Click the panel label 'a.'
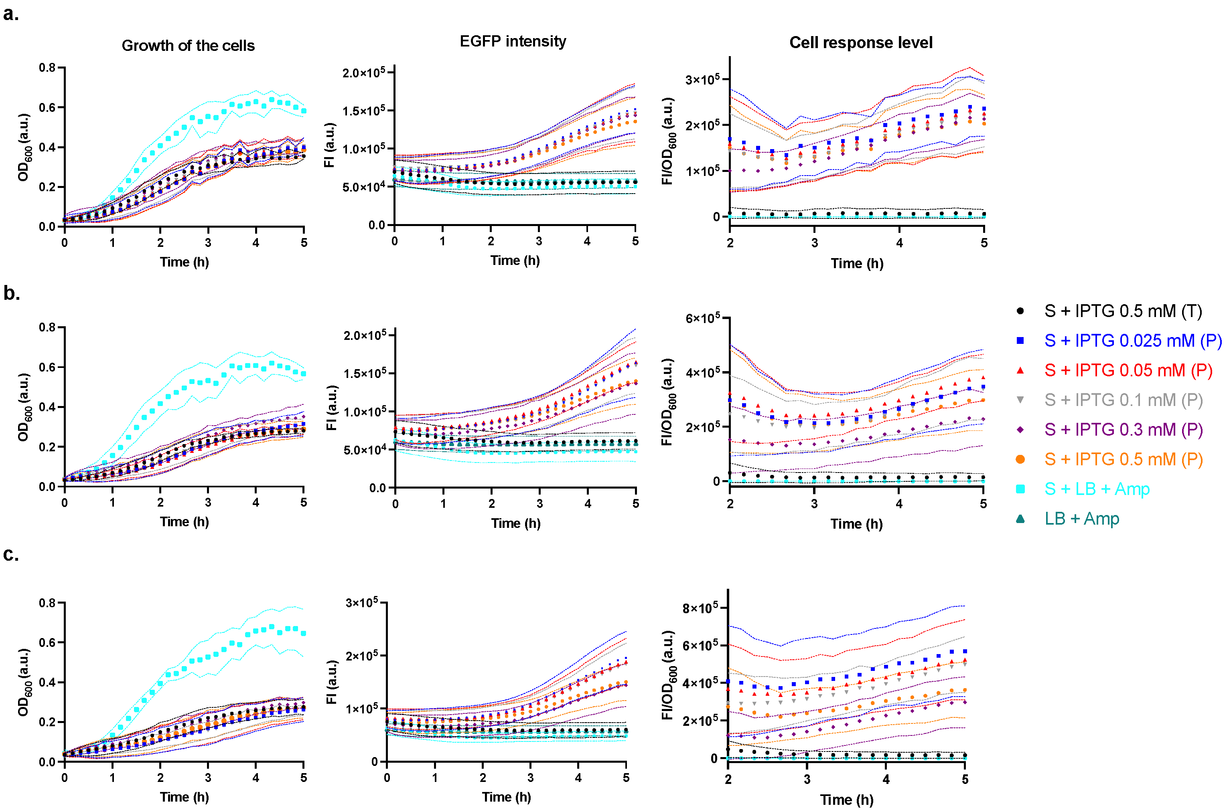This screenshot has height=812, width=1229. [x=11, y=14]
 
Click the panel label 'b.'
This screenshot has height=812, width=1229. [x=11, y=294]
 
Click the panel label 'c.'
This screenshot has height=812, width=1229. [x=11, y=555]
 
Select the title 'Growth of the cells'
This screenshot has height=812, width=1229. [x=188, y=46]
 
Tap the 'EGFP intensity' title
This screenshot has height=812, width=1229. [x=513, y=41]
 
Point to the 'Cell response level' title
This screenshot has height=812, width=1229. [x=861, y=42]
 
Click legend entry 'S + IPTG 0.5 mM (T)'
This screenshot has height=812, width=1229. [x=1123, y=311]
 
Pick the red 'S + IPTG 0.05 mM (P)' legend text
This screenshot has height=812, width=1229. [x=1128, y=370]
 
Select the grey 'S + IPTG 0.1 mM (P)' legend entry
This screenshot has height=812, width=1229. [x=1123, y=400]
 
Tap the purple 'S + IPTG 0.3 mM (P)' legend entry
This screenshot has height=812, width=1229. [x=1123, y=429]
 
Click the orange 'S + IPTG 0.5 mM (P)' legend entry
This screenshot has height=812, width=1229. [x=1123, y=459]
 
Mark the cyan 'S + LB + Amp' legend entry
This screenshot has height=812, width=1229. [x=1097, y=489]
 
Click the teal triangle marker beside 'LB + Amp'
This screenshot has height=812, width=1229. [x=1020, y=518]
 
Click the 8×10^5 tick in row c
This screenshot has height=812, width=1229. [x=700, y=608]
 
